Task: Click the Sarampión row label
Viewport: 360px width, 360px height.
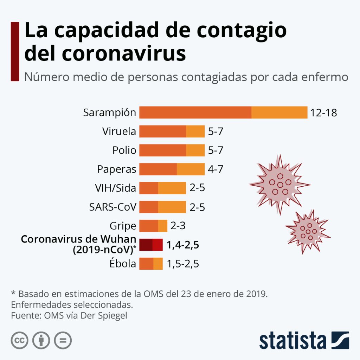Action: point(109,113)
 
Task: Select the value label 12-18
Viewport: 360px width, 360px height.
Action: point(324,113)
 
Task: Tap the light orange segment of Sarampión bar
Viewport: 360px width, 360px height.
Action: point(279,112)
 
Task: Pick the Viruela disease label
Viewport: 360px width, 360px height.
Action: point(119,131)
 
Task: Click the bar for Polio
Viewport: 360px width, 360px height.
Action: point(172,150)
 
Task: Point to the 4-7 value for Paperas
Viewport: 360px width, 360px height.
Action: point(216,169)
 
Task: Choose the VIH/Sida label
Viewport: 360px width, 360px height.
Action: point(115,188)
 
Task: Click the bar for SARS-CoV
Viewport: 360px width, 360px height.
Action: point(162,207)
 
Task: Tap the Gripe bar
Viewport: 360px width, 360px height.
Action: point(153,226)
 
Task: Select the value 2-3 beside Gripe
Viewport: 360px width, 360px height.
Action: point(178,226)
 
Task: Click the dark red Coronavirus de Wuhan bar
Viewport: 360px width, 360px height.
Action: point(151,245)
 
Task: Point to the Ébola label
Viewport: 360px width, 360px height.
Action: point(123,264)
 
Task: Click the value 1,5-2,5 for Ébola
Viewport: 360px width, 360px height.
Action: point(183,264)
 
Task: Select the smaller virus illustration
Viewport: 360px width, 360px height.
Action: point(308,231)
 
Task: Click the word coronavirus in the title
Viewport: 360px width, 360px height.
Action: point(123,53)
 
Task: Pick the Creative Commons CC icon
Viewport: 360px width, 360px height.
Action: point(20,340)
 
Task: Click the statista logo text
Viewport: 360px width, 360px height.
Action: point(293,340)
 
